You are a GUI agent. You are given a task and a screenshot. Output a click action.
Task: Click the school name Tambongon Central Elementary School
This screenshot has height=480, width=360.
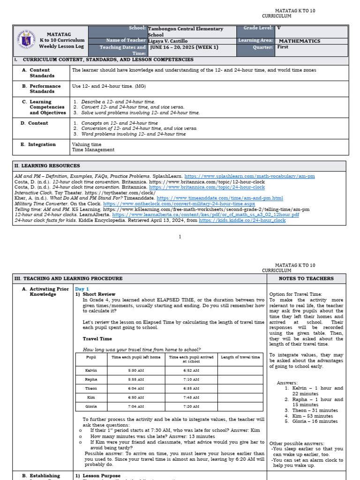(185, 31)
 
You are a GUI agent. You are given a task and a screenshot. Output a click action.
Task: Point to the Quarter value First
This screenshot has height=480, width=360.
(283, 47)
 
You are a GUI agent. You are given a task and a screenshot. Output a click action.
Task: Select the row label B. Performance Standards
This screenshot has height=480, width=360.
(45, 89)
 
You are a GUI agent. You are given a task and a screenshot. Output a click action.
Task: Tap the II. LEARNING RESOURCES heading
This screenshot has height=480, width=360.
(47, 166)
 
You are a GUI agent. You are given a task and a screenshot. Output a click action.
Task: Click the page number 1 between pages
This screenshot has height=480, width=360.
(180, 237)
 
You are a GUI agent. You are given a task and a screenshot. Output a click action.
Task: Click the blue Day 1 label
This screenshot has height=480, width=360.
(82, 289)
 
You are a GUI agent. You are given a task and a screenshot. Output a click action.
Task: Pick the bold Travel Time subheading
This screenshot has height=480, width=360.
(97, 338)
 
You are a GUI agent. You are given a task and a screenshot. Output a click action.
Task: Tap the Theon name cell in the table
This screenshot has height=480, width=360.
(91, 389)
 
